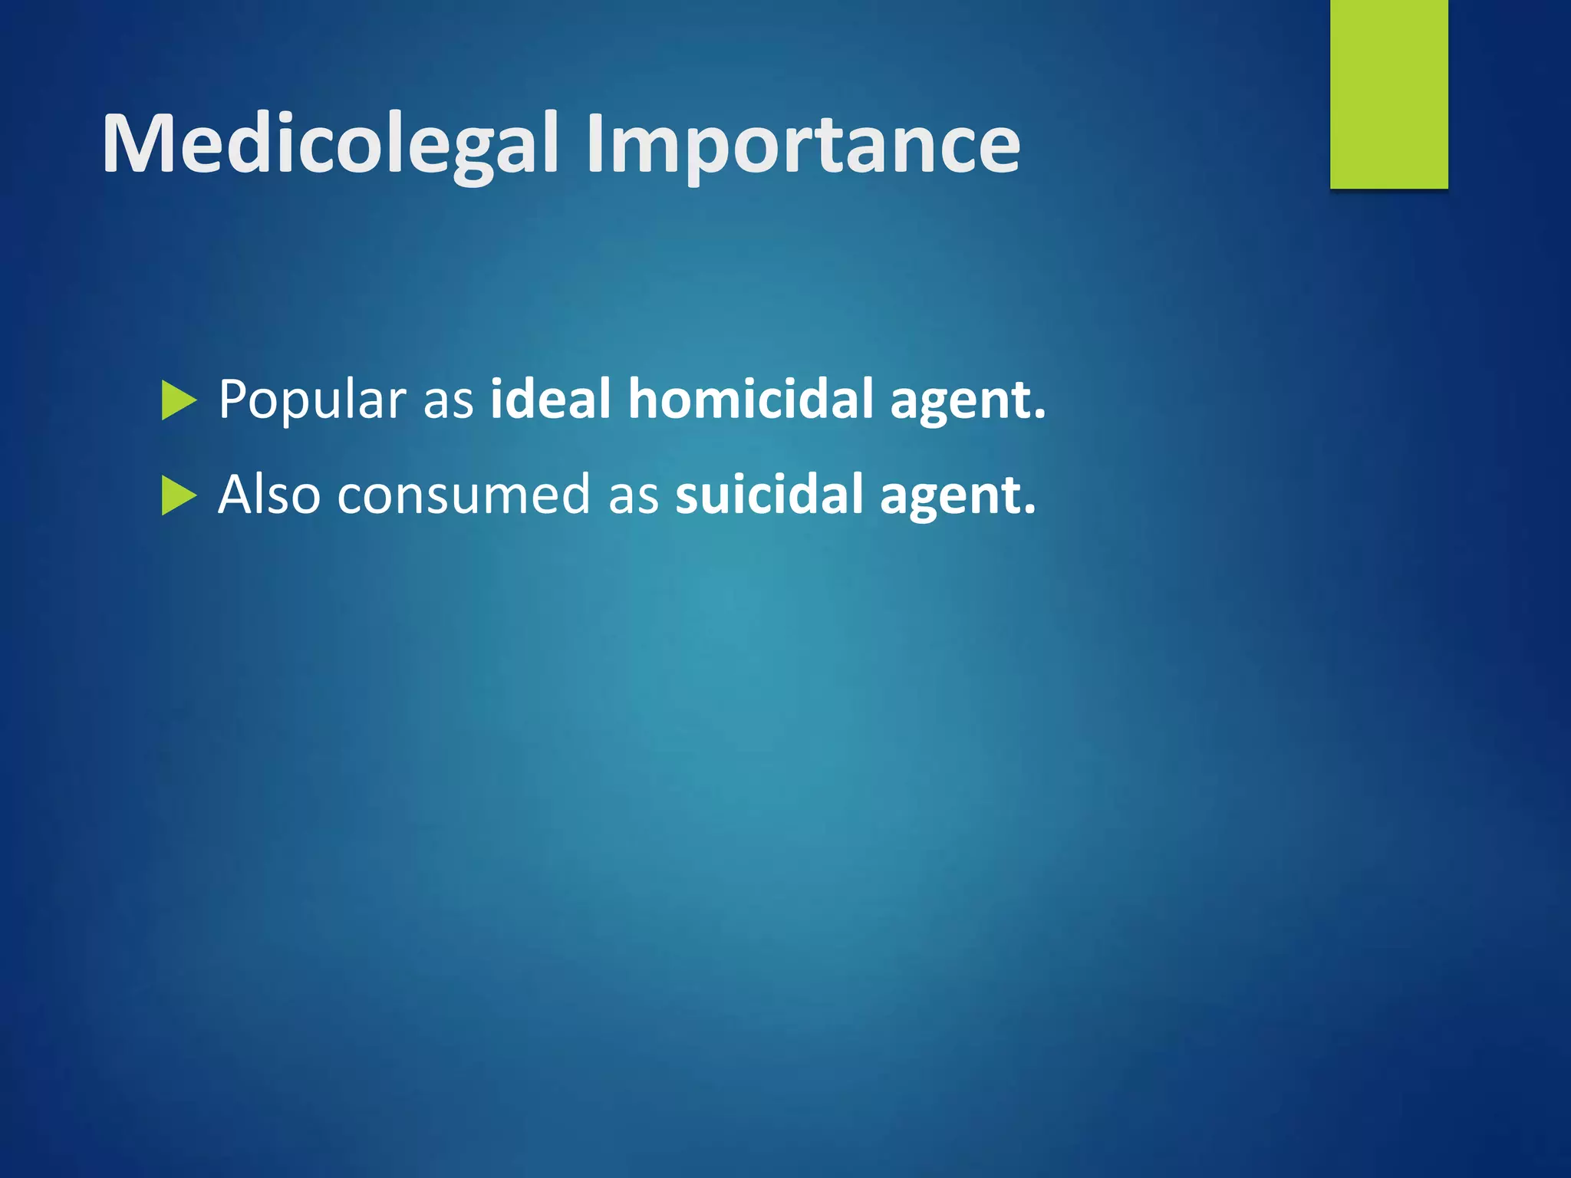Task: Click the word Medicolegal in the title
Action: tap(330, 144)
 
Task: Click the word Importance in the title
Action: tap(802, 144)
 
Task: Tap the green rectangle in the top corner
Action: tap(1388, 94)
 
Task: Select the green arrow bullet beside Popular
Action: tap(179, 401)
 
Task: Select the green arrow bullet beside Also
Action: tap(179, 496)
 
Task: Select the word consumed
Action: tap(463, 495)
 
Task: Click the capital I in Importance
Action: tap(595, 144)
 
